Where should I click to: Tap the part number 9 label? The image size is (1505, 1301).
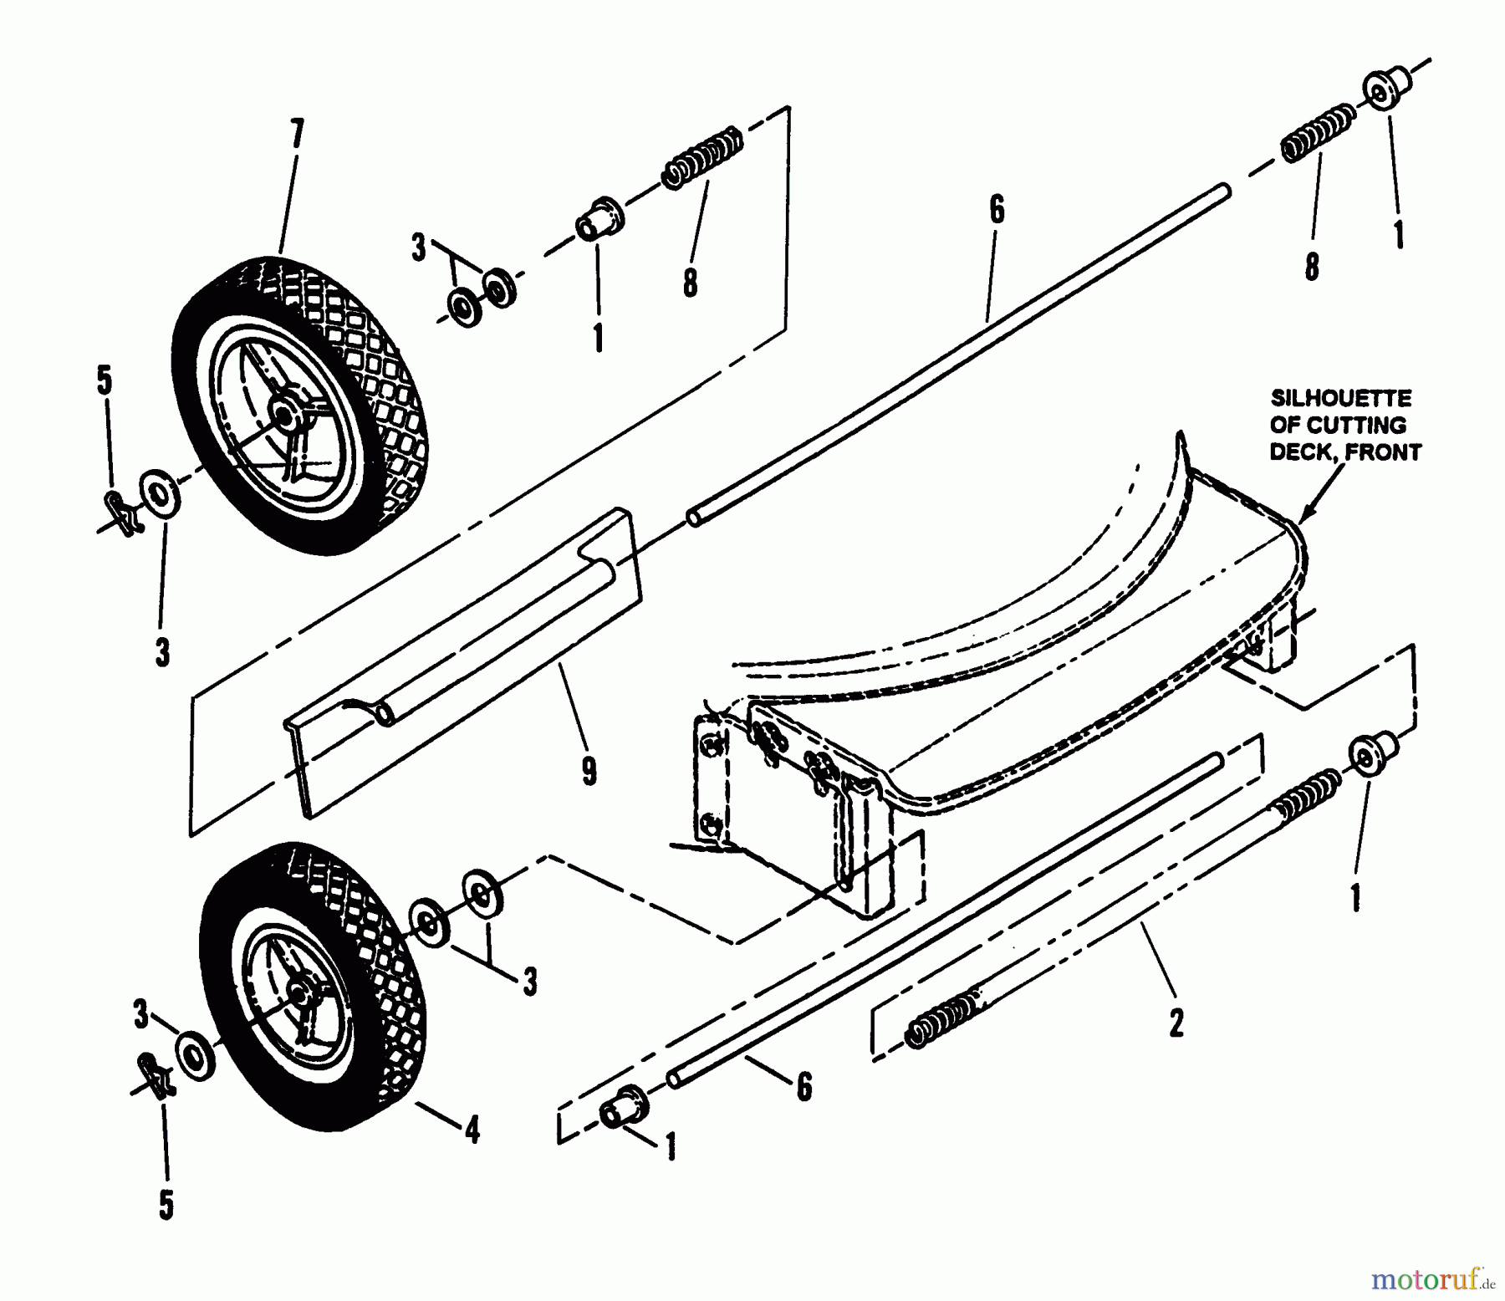(x=589, y=771)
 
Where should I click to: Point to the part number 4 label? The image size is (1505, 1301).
(x=473, y=1131)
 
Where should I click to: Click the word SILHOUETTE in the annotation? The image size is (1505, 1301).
(x=1340, y=397)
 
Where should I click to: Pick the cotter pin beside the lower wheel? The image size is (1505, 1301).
(x=156, y=1078)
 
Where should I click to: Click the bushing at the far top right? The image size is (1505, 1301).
(x=1388, y=87)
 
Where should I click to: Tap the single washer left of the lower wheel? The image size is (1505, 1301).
(x=196, y=1056)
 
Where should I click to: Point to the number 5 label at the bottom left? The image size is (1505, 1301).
(x=166, y=1205)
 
